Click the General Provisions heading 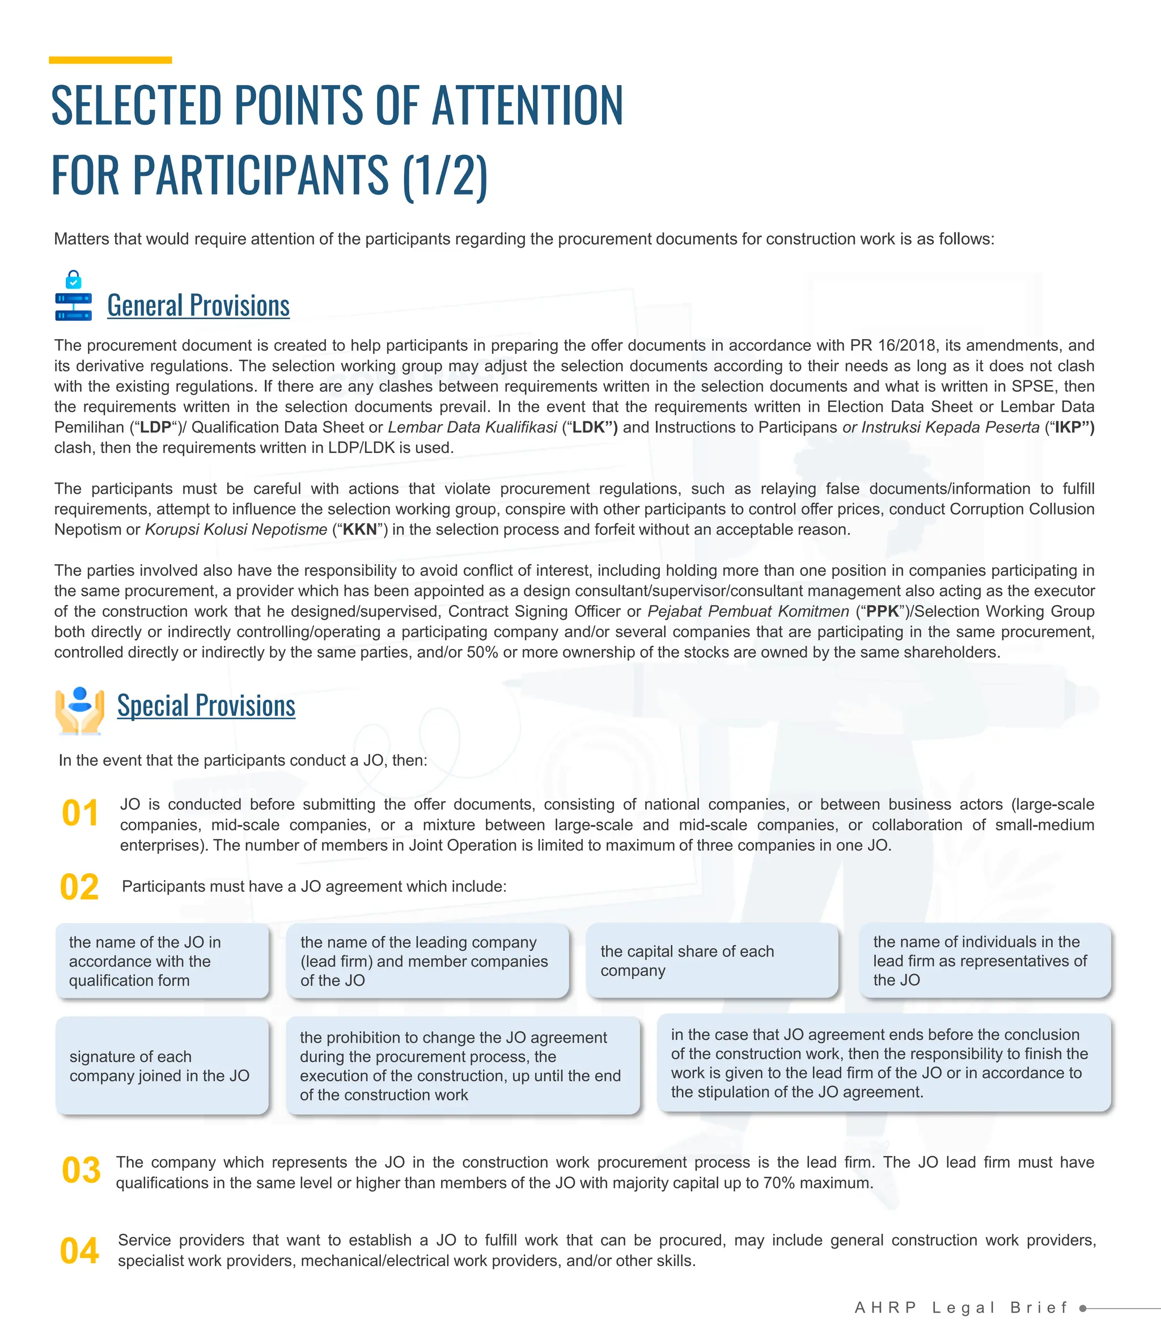198,305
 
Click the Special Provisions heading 206,705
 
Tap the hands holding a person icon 80,710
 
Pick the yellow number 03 81,1170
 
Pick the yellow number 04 79,1250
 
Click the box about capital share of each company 711,960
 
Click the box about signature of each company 162,1065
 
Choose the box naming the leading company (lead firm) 427,960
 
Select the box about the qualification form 162,960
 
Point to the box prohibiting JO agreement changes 463,1065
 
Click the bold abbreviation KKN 359,530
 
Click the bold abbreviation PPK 883,611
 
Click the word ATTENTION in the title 527,105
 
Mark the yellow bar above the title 110,60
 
